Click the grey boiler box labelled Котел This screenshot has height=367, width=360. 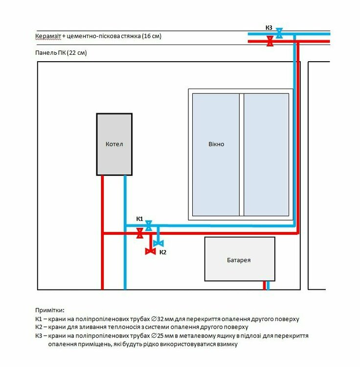[x=114, y=144]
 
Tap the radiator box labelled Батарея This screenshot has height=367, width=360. [x=240, y=259]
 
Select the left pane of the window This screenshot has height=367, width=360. [x=216, y=155]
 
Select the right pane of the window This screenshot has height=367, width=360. [x=266, y=155]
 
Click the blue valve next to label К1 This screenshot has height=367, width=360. [x=149, y=226]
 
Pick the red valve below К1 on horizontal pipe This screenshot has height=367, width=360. [x=140, y=233]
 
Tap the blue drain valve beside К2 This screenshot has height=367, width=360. [x=158, y=243]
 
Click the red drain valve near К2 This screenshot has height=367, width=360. [x=151, y=252]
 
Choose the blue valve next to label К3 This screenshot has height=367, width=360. [x=279, y=33]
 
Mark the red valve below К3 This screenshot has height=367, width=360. [x=270, y=41]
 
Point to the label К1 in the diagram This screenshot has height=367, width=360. [x=140, y=219]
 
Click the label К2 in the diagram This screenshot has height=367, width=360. [x=163, y=252]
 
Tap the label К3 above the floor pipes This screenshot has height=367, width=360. [x=269, y=27]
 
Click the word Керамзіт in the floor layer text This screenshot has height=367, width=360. [x=48, y=36]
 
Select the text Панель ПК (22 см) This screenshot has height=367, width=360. [x=61, y=53]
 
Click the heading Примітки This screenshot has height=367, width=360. [x=49, y=310]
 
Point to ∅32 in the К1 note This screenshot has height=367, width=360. [x=157, y=319]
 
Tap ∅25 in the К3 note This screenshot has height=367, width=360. [x=157, y=336]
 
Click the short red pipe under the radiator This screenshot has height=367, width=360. [x=264, y=285]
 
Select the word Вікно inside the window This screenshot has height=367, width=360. [x=216, y=144]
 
